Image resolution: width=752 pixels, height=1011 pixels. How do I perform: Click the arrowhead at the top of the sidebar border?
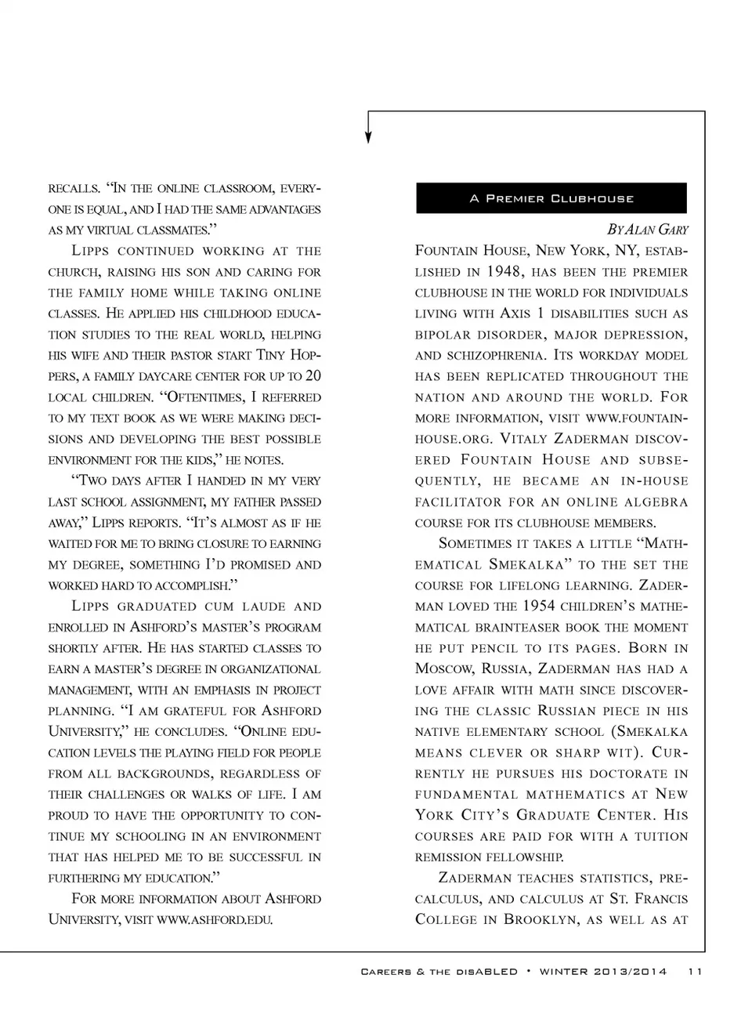(x=368, y=137)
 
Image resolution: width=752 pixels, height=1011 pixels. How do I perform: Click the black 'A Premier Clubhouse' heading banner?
(x=551, y=198)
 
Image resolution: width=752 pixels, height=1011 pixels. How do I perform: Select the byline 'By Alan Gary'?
(x=647, y=230)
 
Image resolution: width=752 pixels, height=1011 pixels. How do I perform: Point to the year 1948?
(x=503, y=272)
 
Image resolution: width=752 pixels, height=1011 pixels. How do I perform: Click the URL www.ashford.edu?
(x=215, y=920)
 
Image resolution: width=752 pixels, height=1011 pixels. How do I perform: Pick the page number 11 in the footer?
(x=696, y=972)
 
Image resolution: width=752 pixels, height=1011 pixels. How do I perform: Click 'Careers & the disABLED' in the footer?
(x=439, y=972)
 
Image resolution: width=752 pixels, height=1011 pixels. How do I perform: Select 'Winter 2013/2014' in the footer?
(x=603, y=972)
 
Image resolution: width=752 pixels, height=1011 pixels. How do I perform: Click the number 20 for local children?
(x=313, y=376)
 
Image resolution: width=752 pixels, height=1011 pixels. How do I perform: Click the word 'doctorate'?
(x=602, y=774)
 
